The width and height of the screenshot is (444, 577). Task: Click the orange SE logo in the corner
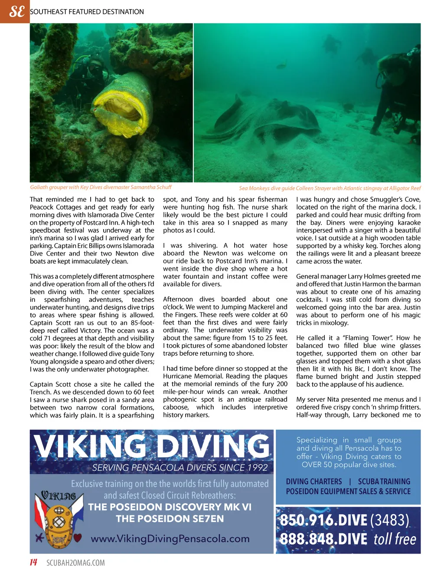15,11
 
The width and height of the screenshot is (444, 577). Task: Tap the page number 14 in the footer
33,563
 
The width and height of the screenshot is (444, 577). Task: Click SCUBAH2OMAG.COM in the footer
75,563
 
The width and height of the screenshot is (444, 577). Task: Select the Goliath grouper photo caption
101,187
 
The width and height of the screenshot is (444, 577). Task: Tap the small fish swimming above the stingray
282,66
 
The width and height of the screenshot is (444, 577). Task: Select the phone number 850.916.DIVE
323,520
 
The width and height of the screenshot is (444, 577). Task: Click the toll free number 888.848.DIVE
323,539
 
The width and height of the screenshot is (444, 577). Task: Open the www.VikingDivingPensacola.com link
170,539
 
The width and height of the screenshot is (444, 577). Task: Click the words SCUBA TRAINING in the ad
384,482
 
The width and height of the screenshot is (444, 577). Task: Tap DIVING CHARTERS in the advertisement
314,482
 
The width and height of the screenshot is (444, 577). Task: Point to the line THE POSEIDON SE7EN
170,518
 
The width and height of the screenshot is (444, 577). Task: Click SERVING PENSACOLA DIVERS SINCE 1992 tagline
180,468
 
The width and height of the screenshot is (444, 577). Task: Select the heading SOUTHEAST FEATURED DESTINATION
87,12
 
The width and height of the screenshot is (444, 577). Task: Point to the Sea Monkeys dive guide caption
330,188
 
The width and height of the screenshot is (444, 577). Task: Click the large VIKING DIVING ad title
152,446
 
